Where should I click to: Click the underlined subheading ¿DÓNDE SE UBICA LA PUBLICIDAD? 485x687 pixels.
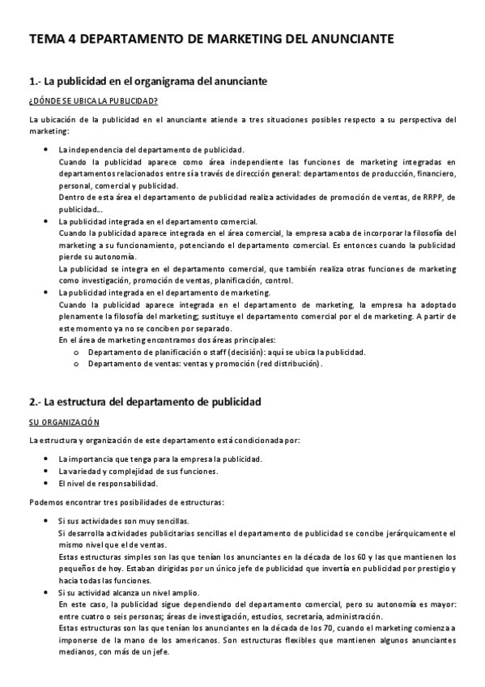[92, 100]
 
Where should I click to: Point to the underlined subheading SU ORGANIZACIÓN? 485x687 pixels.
[63, 421]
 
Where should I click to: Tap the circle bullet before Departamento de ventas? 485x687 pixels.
[76, 364]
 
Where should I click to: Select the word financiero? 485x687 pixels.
[436, 173]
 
